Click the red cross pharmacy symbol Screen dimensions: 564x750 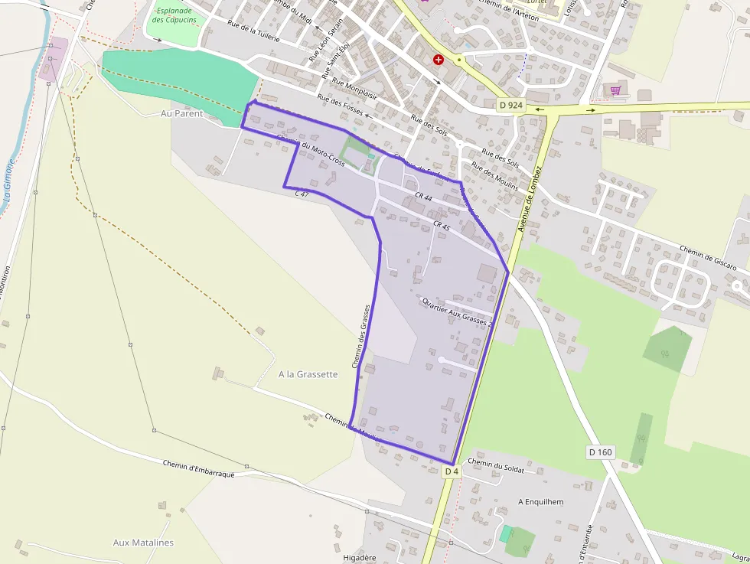439,59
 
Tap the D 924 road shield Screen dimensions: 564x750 510,105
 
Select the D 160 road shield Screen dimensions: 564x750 601,452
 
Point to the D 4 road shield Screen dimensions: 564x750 452,471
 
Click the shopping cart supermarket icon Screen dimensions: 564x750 615,90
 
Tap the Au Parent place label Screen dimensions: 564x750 182,113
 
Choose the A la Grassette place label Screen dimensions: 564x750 308,374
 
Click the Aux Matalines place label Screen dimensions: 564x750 143,543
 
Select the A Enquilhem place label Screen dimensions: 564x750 540,502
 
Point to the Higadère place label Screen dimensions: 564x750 360,558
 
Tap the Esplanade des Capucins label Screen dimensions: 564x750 174,15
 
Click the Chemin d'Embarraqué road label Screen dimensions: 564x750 198,468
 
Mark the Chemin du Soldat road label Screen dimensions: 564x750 496,466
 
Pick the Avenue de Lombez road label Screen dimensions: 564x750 530,199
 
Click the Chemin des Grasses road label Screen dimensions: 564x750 361,337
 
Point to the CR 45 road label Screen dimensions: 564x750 442,226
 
